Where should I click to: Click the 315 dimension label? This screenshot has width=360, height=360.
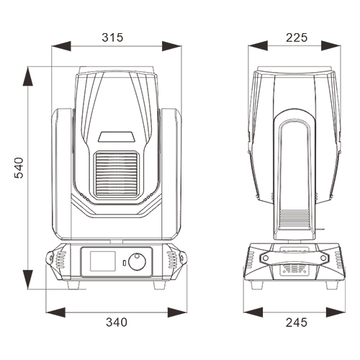[x=112, y=37]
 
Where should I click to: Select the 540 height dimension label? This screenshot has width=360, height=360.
[x=19, y=168]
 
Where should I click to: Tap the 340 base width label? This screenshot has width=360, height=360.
[x=117, y=322]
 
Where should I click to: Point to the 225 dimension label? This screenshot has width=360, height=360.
[x=297, y=37]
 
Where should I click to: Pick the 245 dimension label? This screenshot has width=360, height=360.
[x=297, y=323]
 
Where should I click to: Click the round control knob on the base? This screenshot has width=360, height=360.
[x=137, y=261]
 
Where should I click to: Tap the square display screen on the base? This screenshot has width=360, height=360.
[x=103, y=261]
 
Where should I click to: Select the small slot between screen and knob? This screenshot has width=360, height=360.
[x=125, y=263]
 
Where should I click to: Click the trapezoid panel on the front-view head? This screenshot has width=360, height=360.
[x=117, y=136]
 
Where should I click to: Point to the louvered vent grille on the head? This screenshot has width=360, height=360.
[x=117, y=174]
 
